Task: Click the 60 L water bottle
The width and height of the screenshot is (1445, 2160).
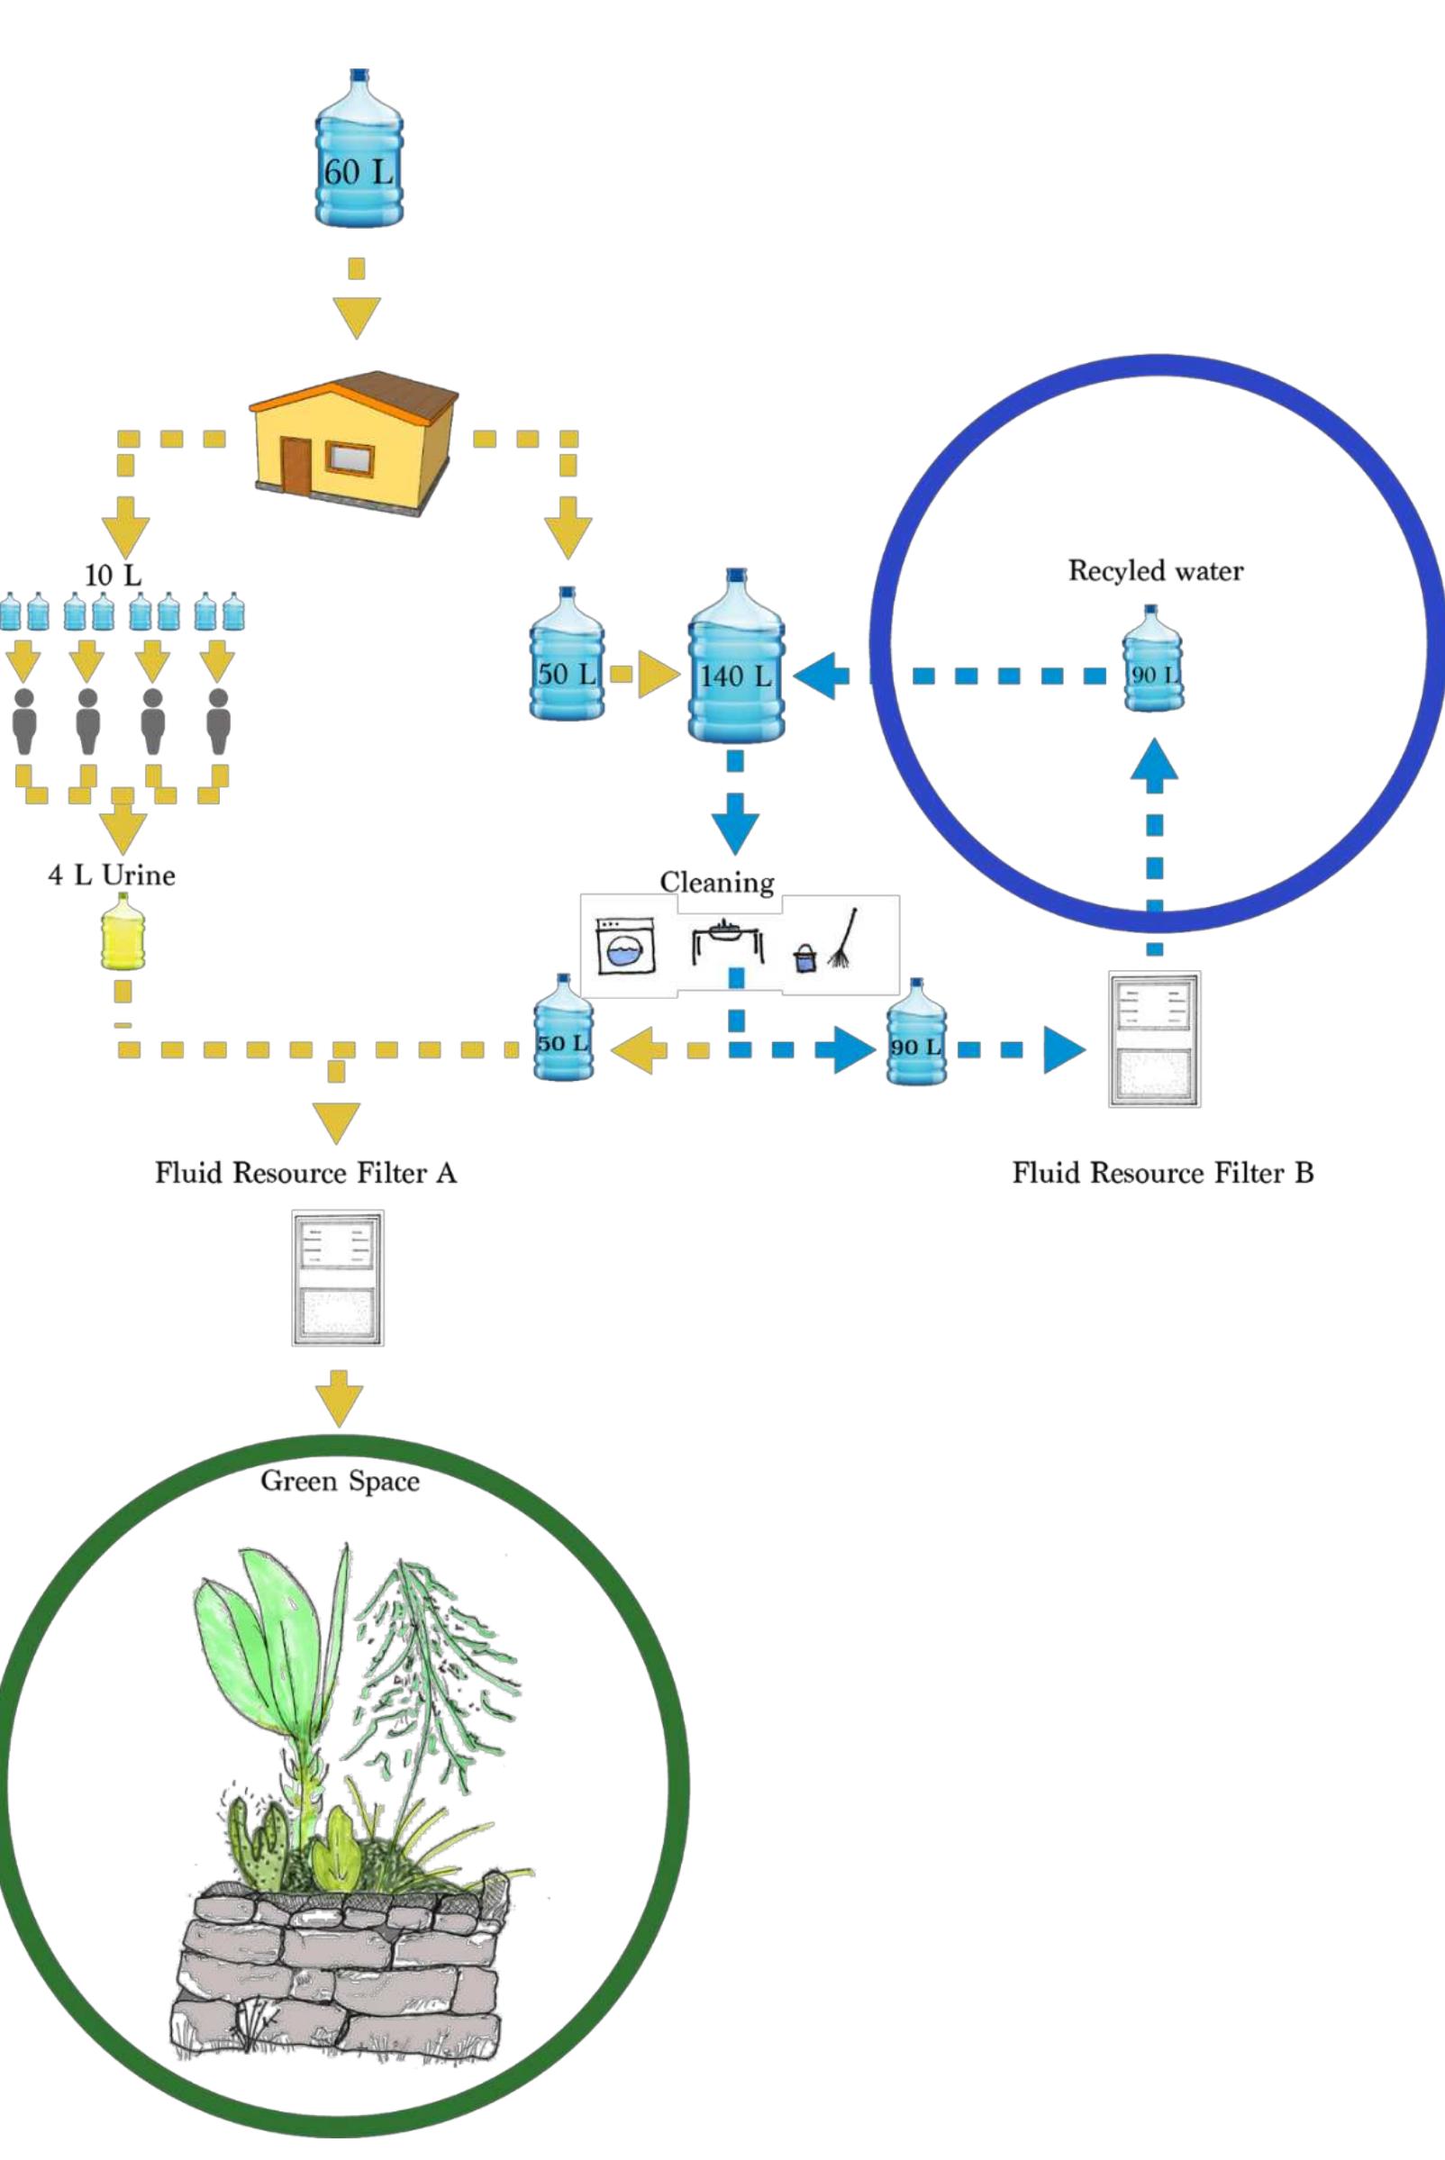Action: coord(359,152)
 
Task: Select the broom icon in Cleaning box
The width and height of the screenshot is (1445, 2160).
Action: coord(844,939)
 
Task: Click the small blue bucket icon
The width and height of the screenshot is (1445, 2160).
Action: coord(804,958)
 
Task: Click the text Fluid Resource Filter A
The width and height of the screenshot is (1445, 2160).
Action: coord(305,1173)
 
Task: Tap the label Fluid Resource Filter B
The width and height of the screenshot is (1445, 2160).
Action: coord(1162,1173)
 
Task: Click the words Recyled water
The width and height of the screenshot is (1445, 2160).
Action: coord(1156,571)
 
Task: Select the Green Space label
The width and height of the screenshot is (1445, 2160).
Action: coord(339,1481)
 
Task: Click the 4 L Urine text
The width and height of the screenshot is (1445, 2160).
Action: coord(112,875)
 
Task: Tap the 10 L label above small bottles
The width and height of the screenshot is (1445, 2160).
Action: coord(113,576)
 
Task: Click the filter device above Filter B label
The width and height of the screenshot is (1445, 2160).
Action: coord(1154,1039)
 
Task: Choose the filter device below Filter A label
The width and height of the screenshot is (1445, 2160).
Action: coord(337,1278)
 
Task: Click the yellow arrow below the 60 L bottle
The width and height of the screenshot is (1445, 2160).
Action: coord(357,315)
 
